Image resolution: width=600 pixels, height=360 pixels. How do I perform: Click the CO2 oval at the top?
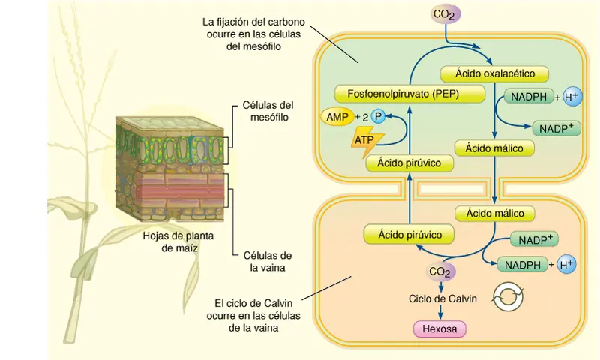445,14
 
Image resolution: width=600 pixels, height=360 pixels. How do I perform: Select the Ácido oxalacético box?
495,73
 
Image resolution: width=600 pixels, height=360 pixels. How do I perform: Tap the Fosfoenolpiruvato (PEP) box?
409,94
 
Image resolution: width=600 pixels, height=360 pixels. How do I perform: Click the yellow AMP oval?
337,117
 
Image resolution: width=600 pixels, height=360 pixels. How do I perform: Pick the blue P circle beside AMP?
379,117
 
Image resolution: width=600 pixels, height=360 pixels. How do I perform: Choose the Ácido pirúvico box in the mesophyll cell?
409,163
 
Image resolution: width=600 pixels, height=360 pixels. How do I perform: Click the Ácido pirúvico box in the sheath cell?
409,234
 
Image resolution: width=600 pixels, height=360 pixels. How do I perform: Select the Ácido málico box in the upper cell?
494,148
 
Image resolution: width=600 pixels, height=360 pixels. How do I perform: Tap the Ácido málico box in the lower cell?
494,214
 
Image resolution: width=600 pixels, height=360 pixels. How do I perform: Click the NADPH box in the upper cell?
529,97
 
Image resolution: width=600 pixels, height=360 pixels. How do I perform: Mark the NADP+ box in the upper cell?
556,128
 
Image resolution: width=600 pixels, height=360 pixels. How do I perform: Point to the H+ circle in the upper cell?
573,97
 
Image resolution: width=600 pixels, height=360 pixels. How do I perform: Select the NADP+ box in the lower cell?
534,239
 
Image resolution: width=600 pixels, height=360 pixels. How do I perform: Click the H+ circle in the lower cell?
567,264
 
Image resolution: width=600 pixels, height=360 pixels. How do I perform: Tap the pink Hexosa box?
439,328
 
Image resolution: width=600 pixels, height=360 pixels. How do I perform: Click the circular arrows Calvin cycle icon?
508,297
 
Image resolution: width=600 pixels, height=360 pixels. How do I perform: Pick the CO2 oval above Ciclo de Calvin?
440,271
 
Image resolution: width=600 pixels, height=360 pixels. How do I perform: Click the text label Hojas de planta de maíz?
178,241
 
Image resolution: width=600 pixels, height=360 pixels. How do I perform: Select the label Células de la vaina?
268,261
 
